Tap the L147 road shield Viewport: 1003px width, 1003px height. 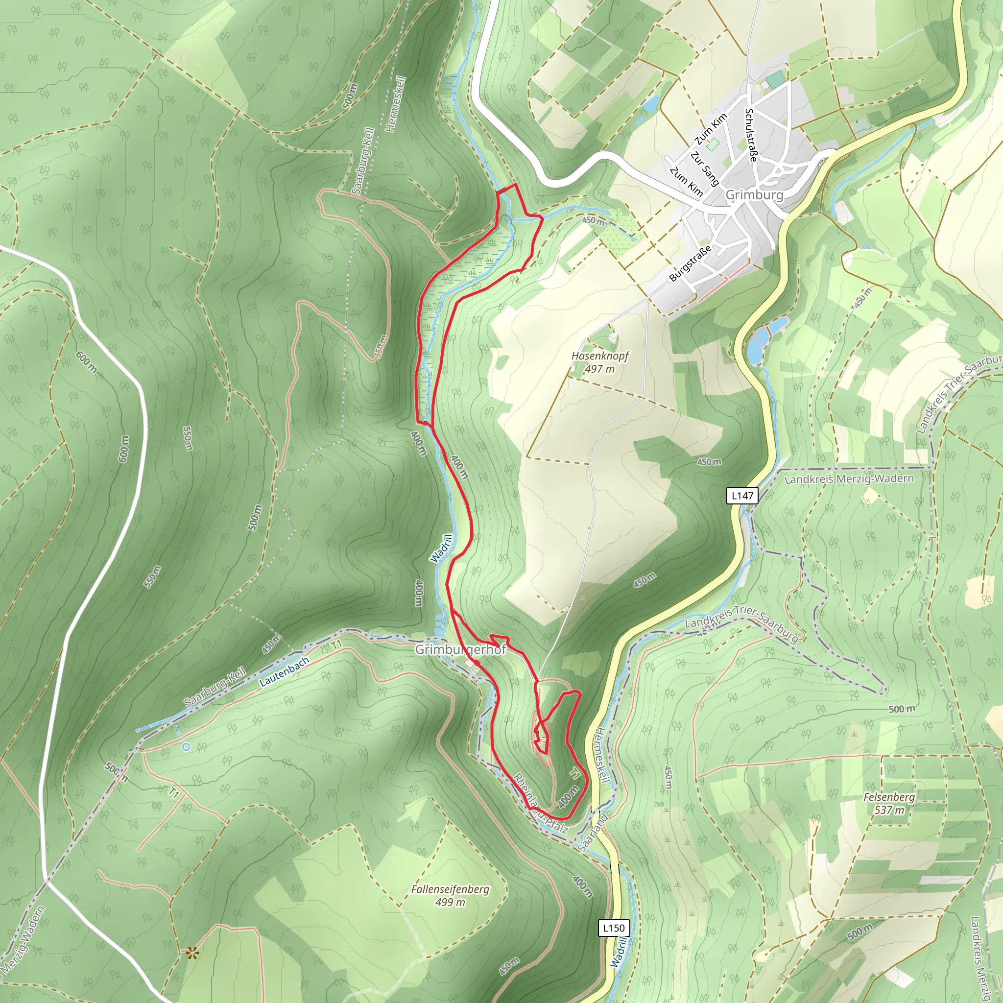(742, 495)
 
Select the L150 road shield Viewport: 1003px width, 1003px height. (614, 928)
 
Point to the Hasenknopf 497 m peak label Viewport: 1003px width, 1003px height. (599, 362)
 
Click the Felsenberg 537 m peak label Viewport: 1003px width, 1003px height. (889, 803)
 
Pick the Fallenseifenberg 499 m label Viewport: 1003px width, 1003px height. (450, 896)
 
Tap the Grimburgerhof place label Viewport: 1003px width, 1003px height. (460, 650)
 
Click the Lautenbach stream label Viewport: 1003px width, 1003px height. (284, 672)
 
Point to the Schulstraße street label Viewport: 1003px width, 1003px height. (751, 135)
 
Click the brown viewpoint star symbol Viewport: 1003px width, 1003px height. (192, 953)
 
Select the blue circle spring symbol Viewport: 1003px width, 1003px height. (185, 746)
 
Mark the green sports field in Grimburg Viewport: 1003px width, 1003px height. (776, 80)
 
